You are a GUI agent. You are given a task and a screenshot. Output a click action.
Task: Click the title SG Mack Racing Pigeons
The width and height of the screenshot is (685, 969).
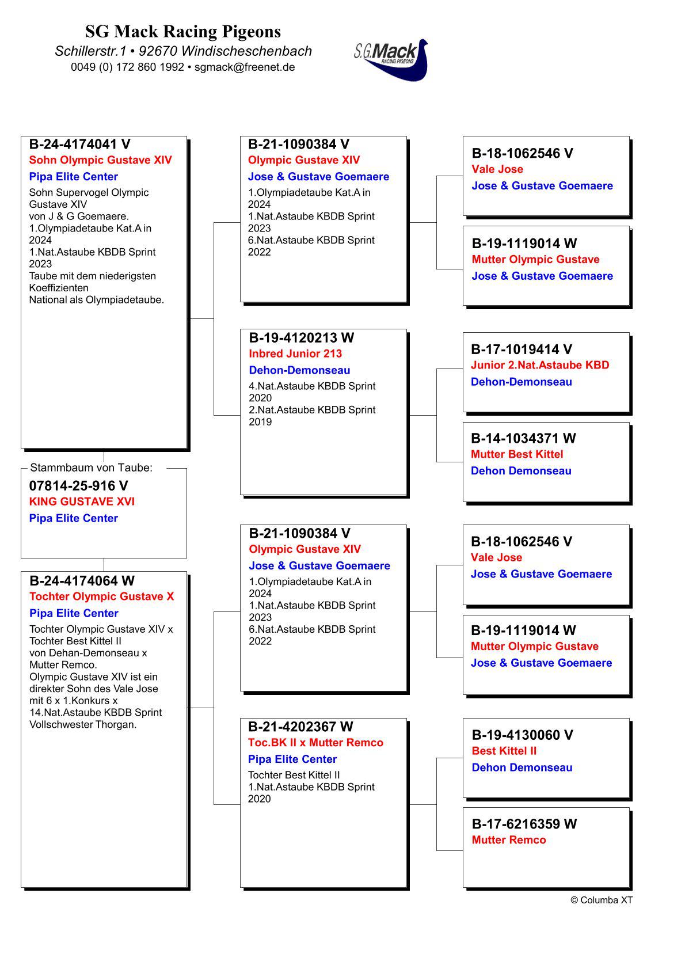pos(183,31)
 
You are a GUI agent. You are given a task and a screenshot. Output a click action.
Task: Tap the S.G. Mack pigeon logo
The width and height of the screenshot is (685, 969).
pos(391,59)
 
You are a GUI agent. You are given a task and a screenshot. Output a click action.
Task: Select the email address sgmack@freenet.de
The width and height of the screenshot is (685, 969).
pos(245,67)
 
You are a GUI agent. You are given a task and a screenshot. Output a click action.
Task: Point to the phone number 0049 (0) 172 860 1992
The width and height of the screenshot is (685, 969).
pos(127,67)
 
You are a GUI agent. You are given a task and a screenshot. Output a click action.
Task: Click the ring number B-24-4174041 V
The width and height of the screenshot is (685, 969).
pos(79,145)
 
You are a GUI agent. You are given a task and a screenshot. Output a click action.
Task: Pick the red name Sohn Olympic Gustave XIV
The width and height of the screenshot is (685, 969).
pos(100,160)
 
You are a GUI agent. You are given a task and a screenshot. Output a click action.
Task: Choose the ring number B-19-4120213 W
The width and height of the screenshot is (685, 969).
pos(301,338)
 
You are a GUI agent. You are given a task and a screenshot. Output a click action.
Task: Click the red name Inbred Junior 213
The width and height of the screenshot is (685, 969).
pos(295,354)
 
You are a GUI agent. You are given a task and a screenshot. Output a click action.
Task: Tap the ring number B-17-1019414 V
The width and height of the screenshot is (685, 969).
pos(521,349)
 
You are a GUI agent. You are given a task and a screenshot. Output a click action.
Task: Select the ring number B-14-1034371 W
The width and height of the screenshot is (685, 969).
pos(523,438)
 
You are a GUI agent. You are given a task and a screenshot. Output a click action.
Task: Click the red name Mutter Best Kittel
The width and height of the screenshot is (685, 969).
pos(516,454)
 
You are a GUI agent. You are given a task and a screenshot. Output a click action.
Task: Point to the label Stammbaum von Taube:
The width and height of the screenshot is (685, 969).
pos(91,468)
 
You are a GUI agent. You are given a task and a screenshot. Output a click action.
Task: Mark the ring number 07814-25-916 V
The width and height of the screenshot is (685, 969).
pos(78,486)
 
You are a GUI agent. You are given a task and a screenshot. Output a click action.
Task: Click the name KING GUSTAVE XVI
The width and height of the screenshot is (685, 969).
pos(82,501)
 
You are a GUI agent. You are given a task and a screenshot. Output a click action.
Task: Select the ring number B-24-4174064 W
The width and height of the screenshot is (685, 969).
pos(82,581)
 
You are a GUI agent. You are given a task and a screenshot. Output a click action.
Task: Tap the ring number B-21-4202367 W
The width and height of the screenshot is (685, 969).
pos(300,727)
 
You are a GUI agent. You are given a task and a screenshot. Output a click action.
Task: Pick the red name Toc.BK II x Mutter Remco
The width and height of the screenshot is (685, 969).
pos(315,743)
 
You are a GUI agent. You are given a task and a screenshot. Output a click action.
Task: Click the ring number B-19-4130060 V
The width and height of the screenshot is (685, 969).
pos(522,735)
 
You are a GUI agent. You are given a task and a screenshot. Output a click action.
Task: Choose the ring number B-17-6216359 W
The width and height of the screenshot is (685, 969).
pos(524,824)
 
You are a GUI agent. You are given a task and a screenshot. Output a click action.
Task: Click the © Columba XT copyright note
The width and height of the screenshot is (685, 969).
pos(601,900)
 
